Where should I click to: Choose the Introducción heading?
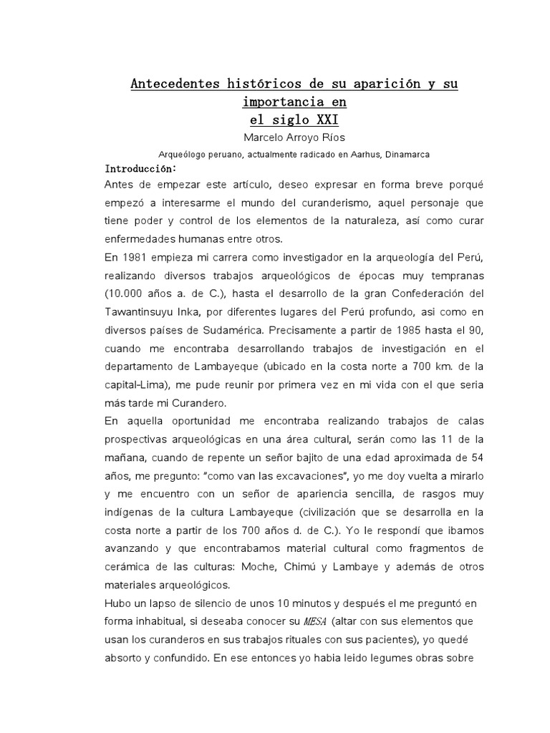[140, 169]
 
